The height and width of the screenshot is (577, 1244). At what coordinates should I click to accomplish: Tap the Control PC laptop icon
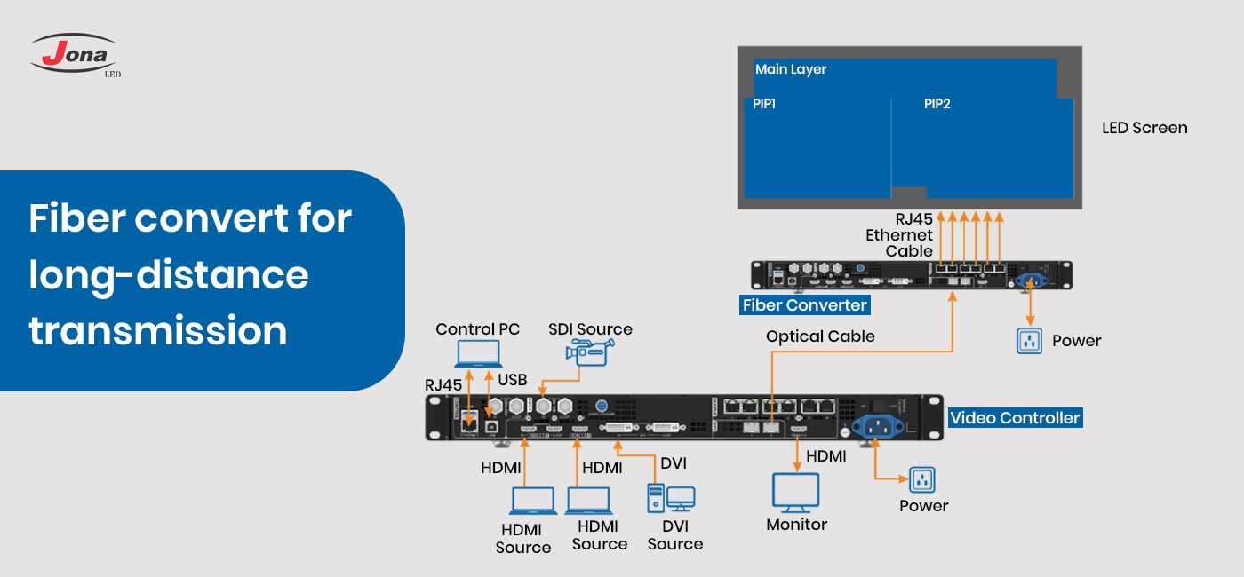[x=477, y=354]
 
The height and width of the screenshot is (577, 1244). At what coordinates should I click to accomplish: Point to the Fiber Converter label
[x=804, y=305]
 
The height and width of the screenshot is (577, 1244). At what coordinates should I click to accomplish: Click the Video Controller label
[x=1015, y=417]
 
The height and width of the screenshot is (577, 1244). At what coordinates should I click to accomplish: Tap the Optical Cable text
[x=820, y=336]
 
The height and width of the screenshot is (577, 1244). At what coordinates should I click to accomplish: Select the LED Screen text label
[x=1144, y=128]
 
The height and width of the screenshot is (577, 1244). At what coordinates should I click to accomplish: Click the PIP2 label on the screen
[x=937, y=104]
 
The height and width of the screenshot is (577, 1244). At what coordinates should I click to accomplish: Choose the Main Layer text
[x=791, y=69]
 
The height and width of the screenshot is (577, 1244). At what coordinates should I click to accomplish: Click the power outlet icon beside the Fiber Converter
[x=1029, y=341]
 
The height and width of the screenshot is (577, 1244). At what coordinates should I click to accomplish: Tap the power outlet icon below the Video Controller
[x=922, y=480]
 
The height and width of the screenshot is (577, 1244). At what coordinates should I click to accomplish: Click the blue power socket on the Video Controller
[x=877, y=427]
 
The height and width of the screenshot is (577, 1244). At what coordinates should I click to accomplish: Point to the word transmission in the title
[x=158, y=330]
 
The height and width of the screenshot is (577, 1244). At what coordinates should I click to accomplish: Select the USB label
[x=512, y=380]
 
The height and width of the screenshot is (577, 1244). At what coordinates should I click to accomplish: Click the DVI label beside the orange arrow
[x=673, y=463]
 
